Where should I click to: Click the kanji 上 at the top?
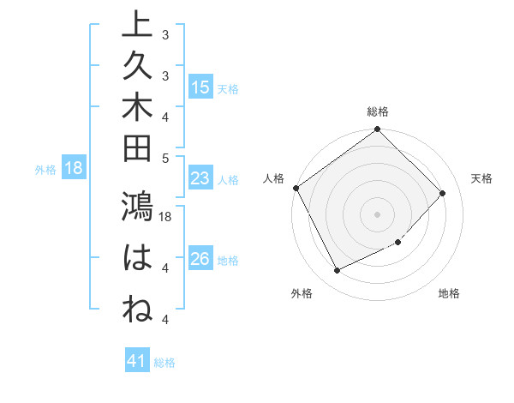(138, 23)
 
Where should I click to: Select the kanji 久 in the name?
(138, 67)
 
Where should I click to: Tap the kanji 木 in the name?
(138, 110)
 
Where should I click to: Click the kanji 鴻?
(138, 209)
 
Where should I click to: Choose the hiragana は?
(138, 258)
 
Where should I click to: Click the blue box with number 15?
(200, 87)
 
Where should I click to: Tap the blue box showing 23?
(200, 179)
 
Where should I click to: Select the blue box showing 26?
(200, 260)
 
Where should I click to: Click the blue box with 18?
(75, 169)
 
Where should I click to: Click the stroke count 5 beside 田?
(165, 158)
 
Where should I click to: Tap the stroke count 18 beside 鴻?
(166, 217)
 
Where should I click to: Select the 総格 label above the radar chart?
(378, 111)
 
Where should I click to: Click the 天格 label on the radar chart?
(482, 178)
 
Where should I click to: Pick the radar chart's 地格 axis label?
(449, 293)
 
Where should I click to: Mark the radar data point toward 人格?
(296, 188)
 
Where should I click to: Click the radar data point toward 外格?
(337, 271)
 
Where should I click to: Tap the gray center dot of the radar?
(378, 214)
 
